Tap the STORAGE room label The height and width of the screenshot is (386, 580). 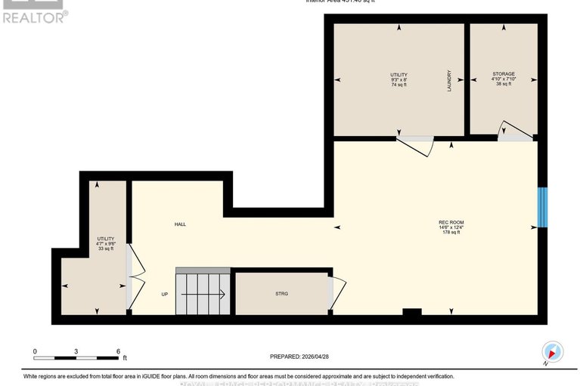(503, 74)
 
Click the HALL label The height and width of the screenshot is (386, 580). (180, 224)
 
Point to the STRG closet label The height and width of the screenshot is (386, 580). (282, 294)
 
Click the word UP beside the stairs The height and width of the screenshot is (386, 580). (164, 294)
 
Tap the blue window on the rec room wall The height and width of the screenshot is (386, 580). (541, 207)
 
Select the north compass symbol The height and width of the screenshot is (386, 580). (554, 351)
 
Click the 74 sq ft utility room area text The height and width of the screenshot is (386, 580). (399, 85)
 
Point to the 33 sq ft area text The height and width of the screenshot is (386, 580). (105, 249)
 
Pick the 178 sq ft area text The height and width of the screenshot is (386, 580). (451, 232)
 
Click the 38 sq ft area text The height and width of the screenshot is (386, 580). (503, 85)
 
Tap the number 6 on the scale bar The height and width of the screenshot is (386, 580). (118, 351)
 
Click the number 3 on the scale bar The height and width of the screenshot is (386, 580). (76, 351)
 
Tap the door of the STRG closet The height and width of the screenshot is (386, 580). (337, 291)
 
